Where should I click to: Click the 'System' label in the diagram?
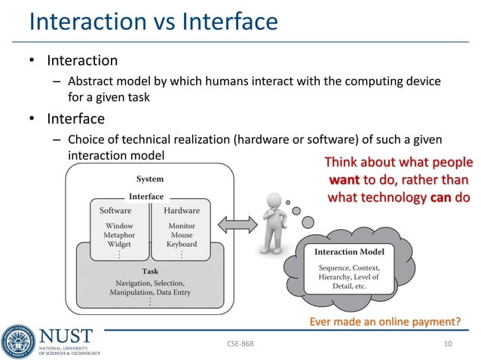(149, 179)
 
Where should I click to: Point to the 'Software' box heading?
(115, 210)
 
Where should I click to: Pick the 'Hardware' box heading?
(182, 210)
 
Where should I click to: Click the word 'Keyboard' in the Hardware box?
(182, 244)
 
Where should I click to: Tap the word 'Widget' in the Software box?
(119, 244)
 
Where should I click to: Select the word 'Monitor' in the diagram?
(182, 225)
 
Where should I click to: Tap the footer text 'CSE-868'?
(240, 344)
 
